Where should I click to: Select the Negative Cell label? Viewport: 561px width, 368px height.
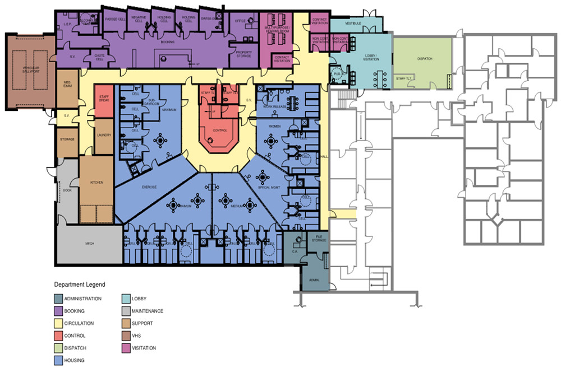[x=139, y=18]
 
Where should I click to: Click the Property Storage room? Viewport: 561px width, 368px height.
[x=243, y=53]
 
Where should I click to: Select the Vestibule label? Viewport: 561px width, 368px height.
[x=354, y=24]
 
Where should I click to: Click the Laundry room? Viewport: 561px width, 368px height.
[x=103, y=135]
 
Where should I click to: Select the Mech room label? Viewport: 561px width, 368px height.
[x=89, y=244]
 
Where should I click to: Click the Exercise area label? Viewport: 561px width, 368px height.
[x=149, y=187]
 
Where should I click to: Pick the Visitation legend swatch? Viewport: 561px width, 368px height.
[x=128, y=348]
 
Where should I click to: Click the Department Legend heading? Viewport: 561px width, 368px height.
[x=79, y=285]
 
